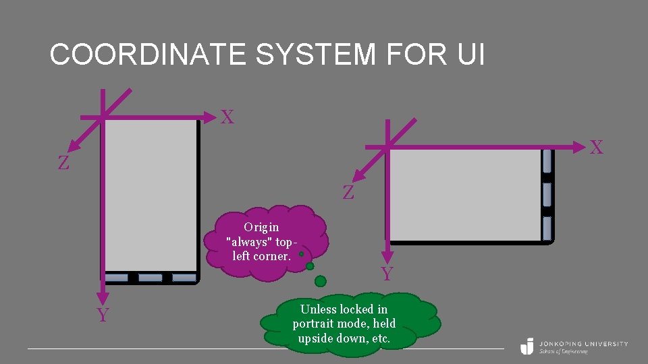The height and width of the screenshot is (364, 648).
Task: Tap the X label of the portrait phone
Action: tap(227, 117)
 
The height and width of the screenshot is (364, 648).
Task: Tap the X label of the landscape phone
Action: tap(597, 148)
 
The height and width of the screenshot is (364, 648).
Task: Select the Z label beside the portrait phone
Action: tap(63, 163)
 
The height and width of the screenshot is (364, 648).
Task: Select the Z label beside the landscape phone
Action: tap(348, 193)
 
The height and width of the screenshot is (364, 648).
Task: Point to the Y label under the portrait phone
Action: tap(103, 315)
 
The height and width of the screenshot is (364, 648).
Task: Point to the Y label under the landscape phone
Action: tap(387, 274)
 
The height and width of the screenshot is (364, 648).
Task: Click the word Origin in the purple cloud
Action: tap(261, 227)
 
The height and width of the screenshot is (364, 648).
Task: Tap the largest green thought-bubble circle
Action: tap(321, 280)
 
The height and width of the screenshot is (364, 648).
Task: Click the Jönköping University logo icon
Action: tap(527, 346)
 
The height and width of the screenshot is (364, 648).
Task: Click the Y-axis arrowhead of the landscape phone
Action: tap(387, 258)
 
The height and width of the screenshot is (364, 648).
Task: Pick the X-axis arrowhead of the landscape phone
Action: tap(580, 146)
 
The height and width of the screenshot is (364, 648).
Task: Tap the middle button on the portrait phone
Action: tap(150, 278)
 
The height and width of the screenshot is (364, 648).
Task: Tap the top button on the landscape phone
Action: tap(547, 161)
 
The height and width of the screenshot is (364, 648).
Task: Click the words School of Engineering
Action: tap(564, 352)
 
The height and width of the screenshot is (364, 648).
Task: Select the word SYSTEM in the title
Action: tap(315, 55)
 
